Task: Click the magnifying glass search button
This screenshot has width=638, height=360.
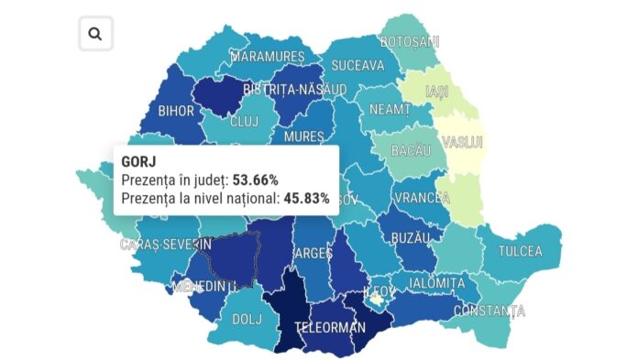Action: pos(95,34)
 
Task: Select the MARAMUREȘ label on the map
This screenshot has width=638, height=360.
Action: pos(267,57)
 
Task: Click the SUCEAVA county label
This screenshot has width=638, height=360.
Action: pos(357,66)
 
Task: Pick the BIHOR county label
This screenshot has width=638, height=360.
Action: pos(176,112)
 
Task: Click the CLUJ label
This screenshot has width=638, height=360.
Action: pos(244,121)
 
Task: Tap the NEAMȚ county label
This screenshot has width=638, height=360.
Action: pos(390,109)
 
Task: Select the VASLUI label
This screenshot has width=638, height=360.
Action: pos(462,143)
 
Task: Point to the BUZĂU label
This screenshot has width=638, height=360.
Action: pos(409,237)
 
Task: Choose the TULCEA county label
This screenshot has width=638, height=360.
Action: pos(520,251)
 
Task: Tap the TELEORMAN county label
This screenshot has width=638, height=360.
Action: pos(329,327)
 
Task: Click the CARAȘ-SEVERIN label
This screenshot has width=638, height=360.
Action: pos(166,245)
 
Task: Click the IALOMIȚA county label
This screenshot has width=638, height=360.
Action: pos(437,284)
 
